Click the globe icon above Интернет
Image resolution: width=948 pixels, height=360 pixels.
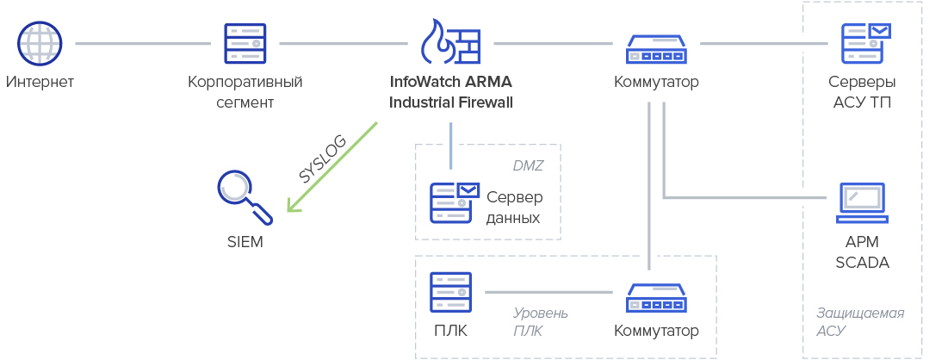[x=40, y=42]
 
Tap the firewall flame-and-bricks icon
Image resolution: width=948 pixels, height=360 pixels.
[x=450, y=41]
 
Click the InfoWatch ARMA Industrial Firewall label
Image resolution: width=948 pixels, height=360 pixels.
[x=450, y=93]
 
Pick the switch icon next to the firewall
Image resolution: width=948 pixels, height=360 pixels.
[x=656, y=49]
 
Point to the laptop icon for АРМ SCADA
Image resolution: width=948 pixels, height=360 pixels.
[x=863, y=203]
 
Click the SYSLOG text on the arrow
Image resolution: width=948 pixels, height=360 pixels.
[x=322, y=158]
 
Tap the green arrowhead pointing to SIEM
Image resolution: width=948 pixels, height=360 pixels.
[x=294, y=205]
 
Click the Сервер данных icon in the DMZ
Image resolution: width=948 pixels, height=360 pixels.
[x=454, y=203]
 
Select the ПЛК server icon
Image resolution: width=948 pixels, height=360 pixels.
[x=451, y=293]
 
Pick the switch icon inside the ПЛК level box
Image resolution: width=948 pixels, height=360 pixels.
[x=656, y=298]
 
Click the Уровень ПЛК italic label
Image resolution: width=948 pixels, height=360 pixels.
[x=540, y=322]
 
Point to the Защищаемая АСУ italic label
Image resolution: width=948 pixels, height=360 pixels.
[x=859, y=321]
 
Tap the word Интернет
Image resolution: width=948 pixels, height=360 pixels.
[x=40, y=83]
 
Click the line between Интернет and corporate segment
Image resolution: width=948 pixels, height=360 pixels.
[x=143, y=42]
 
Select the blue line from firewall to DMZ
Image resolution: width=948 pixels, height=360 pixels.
[x=450, y=145]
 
